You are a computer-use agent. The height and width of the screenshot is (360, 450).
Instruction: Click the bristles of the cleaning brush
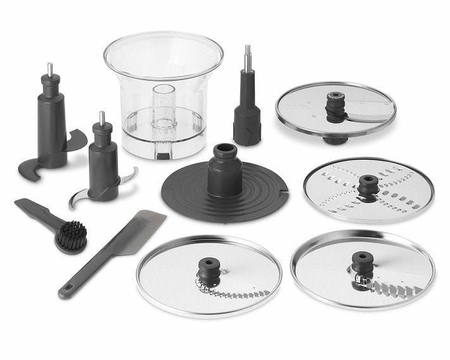pos(71,236)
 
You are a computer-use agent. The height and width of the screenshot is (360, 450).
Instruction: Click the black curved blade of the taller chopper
pos(75,141)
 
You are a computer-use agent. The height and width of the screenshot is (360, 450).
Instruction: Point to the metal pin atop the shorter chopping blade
pos(101,118)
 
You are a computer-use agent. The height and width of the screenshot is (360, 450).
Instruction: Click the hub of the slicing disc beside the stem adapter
pos(335,104)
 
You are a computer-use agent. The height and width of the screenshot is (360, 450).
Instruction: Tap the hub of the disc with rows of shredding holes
pos(367,185)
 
